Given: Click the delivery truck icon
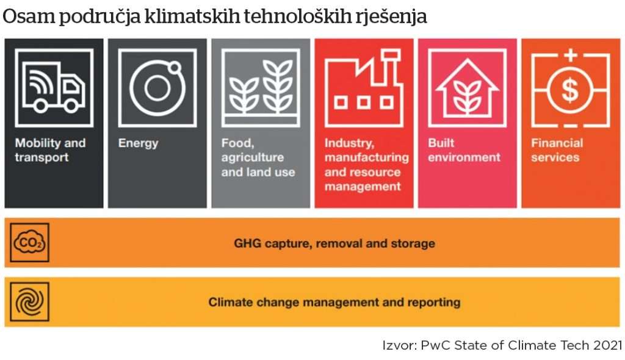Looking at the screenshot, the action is [54, 87].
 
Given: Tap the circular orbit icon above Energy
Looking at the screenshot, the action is [157, 87].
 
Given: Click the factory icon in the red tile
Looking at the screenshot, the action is [364, 88].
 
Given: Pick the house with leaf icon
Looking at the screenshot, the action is [467, 87].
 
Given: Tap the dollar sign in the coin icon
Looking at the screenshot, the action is [571, 89].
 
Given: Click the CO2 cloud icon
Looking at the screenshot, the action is [29, 242].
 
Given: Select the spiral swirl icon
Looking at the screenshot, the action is [29, 302].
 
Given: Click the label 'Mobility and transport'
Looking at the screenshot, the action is [50, 150].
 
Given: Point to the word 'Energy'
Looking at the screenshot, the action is [138, 143].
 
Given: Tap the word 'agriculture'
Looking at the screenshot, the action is [252, 157].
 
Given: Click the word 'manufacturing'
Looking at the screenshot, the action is [367, 157].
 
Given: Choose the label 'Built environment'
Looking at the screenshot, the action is [464, 150].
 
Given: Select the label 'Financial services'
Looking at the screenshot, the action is [557, 150].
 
